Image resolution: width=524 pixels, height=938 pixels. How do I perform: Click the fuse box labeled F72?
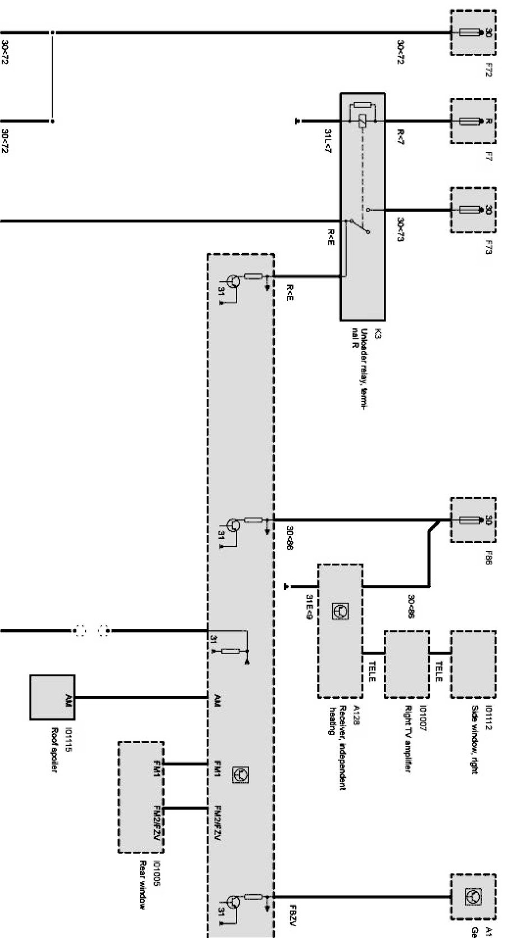click(x=473, y=32)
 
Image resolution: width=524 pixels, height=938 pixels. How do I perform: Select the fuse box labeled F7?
click(x=473, y=121)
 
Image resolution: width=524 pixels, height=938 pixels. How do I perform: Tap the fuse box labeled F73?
click(x=473, y=210)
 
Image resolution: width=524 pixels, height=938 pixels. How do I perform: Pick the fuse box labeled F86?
click(x=473, y=520)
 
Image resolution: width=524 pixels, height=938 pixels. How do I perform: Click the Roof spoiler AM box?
click(x=52, y=697)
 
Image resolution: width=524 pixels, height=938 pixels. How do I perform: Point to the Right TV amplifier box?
click(x=407, y=664)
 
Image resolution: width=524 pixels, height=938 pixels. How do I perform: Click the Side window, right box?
click(x=473, y=664)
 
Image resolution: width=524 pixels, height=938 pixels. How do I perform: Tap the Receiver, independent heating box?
click(x=340, y=631)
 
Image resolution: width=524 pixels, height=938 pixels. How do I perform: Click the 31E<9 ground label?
click(x=308, y=607)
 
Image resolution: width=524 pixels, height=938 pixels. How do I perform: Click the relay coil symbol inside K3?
click(x=362, y=120)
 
